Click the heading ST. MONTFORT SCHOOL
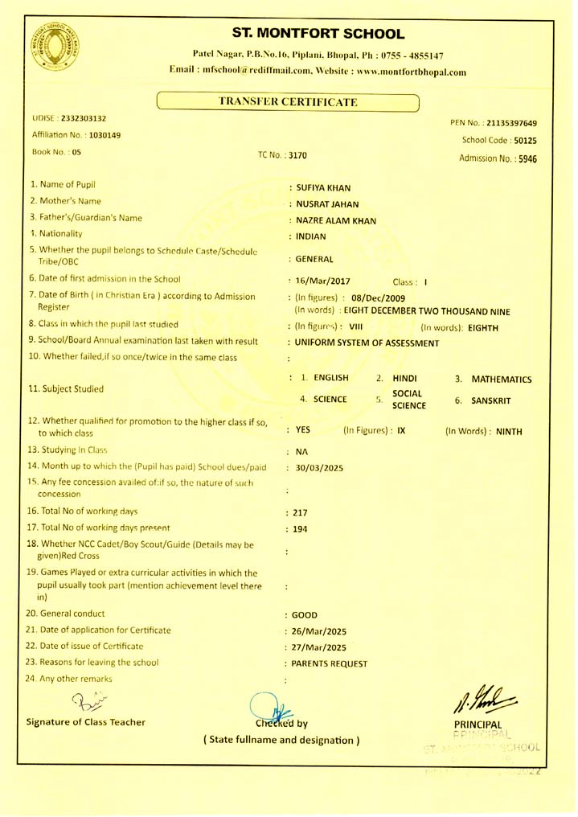click(318, 34)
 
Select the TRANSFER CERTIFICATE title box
click(288, 102)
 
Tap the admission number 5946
click(527, 158)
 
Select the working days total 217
click(302, 512)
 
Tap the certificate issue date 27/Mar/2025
click(321, 647)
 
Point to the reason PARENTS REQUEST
click(330, 663)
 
